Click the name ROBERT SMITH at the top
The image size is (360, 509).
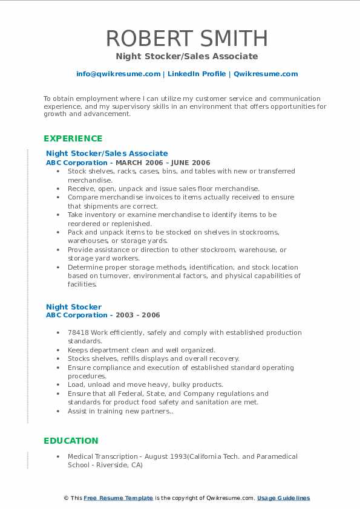coord(186,39)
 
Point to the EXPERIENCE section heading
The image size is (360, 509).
coord(73,138)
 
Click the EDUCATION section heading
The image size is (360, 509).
coord(71,441)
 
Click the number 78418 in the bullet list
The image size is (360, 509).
coord(78,332)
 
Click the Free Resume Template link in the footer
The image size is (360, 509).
coord(119,498)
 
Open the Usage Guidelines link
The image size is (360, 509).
coord(283,498)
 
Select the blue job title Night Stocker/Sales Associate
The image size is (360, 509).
coord(106,154)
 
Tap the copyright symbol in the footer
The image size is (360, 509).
coord(66,498)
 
